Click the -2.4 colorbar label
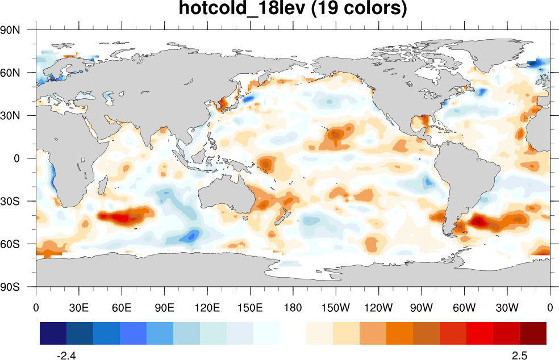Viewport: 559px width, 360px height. (67, 355)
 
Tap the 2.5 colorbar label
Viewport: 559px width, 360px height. (519, 355)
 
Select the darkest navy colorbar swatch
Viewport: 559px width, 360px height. (53, 333)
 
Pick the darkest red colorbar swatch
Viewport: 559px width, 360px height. (533, 333)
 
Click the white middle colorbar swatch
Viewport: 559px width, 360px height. (293, 333)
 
